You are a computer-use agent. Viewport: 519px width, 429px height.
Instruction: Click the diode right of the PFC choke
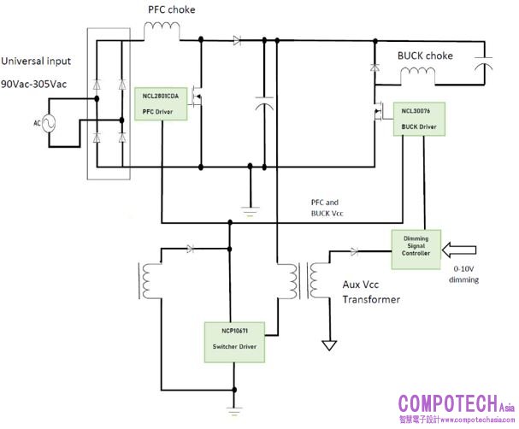pyautogui.click(x=236, y=39)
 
